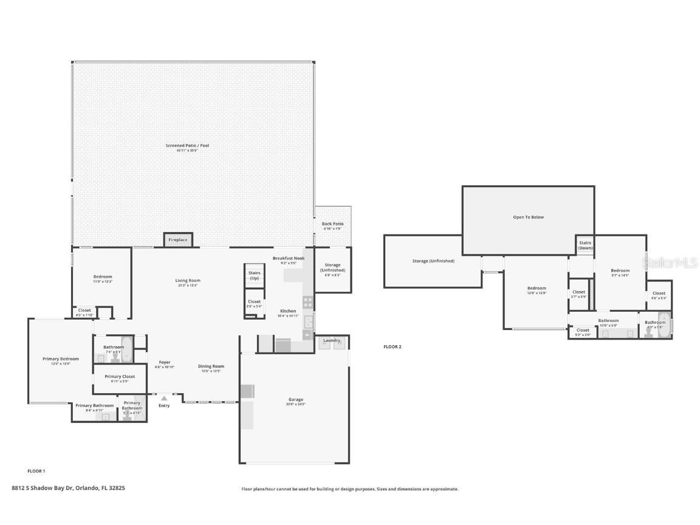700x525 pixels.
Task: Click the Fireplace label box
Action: pyautogui.click(x=178, y=240)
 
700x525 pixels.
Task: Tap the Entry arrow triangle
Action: pyautogui.click(x=164, y=399)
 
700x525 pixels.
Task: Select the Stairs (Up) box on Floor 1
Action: pyautogui.click(x=254, y=276)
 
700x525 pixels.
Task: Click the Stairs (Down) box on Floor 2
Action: pyautogui.click(x=585, y=245)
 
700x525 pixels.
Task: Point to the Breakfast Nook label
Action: pyautogui.click(x=288, y=258)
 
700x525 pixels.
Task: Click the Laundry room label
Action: pyautogui.click(x=332, y=340)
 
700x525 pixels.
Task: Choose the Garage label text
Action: pyautogui.click(x=296, y=400)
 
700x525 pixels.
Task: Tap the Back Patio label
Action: pyautogui.click(x=332, y=224)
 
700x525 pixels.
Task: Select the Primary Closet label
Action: pyautogui.click(x=120, y=377)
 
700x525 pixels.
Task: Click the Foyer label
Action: pyautogui.click(x=165, y=363)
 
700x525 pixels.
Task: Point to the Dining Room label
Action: pyautogui.click(x=211, y=366)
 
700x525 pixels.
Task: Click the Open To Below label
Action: pyautogui.click(x=528, y=217)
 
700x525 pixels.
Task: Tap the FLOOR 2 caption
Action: pyautogui.click(x=392, y=347)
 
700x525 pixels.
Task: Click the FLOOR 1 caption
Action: pyautogui.click(x=36, y=471)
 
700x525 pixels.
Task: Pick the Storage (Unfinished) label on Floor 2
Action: pyautogui.click(x=433, y=261)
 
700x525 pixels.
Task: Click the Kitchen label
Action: pyautogui.click(x=288, y=311)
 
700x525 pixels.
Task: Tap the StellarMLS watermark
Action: pyautogui.click(x=671, y=263)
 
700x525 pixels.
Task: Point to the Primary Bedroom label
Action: pyautogui.click(x=60, y=359)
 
